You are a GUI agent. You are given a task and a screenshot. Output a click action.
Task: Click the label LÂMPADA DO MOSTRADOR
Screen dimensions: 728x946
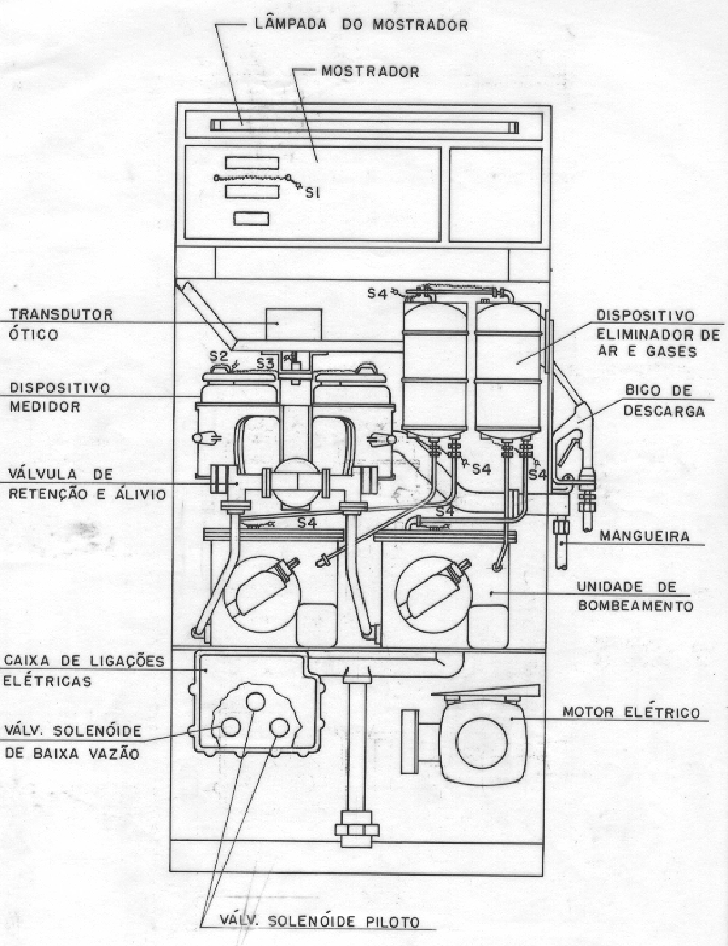[361, 24]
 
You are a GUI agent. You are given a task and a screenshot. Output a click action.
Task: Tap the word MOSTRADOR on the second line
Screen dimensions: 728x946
[371, 72]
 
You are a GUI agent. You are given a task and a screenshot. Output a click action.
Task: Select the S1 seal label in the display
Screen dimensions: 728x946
[312, 192]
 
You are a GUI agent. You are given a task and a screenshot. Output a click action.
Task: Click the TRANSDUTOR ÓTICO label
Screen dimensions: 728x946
[61, 324]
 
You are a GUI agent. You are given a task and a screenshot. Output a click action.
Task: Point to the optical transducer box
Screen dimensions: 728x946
[294, 324]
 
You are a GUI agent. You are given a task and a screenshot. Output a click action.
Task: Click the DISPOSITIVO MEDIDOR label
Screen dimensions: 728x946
[60, 397]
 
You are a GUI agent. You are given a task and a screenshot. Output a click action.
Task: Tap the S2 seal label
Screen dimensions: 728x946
[219, 356]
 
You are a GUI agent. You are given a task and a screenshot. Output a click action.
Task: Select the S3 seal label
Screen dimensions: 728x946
[265, 363]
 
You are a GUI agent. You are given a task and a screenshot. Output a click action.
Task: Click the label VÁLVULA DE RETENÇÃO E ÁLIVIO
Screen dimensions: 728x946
[87, 483]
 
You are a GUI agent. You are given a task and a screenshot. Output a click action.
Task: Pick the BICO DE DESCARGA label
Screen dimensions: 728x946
[664, 400]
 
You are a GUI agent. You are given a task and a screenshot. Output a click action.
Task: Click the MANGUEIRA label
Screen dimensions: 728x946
[644, 536]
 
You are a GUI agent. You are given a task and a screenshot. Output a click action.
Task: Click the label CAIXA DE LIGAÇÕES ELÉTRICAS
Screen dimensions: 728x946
[84, 671]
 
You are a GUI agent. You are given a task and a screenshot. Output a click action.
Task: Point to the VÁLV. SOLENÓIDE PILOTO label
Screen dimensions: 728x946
[319, 921]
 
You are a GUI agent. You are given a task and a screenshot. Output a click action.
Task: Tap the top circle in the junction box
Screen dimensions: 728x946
[256, 701]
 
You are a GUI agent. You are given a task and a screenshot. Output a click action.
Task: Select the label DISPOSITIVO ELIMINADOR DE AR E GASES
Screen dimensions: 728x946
[658, 334]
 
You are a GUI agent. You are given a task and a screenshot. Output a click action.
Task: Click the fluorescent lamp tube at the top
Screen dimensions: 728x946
[364, 126]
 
